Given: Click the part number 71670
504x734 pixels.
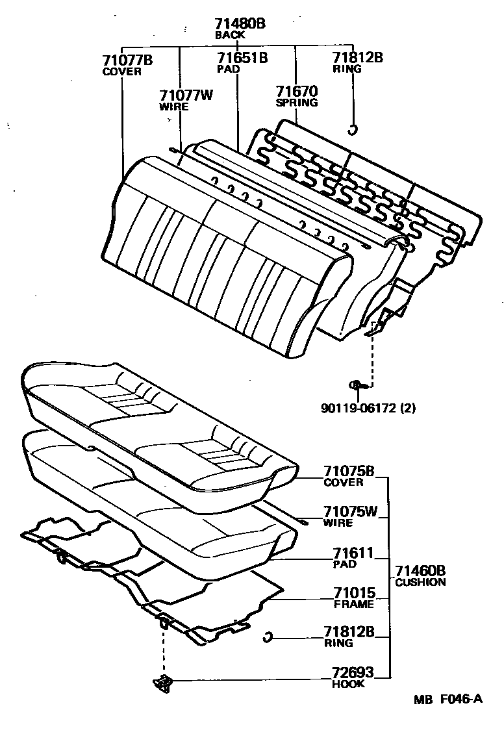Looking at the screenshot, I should pyautogui.click(x=296, y=92).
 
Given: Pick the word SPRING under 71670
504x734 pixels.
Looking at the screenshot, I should pyautogui.click(x=296, y=103).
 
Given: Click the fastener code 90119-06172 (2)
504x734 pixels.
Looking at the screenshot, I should pyautogui.click(x=368, y=409).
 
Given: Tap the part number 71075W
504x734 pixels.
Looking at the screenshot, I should pyautogui.click(x=351, y=512).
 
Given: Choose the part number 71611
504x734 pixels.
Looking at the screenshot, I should pyautogui.click(x=353, y=553).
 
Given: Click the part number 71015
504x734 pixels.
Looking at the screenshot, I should pyautogui.click(x=355, y=593).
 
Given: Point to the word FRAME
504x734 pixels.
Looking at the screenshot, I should pyautogui.click(x=354, y=604).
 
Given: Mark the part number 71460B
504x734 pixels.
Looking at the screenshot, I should pyautogui.click(x=420, y=571).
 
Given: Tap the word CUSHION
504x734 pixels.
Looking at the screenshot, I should pyautogui.click(x=420, y=582).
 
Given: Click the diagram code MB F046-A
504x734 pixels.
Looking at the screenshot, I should pyautogui.click(x=449, y=700).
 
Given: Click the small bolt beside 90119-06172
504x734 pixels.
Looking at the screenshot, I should pyautogui.click(x=358, y=386).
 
